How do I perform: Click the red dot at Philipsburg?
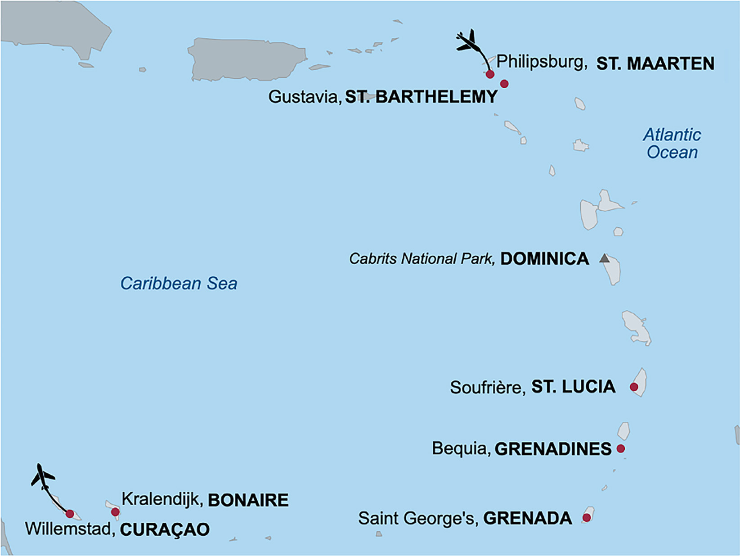point(490,74)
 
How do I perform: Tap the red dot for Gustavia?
point(504,84)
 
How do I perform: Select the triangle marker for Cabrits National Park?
point(605,258)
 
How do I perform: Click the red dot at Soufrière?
point(634,387)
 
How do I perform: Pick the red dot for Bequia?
point(621,448)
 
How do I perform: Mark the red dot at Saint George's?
point(587,518)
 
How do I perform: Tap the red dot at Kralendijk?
point(115,512)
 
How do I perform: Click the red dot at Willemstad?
point(70,514)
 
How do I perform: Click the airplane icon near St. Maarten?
point(467,42)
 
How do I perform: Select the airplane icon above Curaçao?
point(42,477)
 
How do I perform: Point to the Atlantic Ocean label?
point(672,144)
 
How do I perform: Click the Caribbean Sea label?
point(179,284)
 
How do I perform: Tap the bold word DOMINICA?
point(545,259)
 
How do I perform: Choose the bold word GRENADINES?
point(553,449)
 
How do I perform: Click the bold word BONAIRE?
point(248,500)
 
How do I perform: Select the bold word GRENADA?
point(528,518)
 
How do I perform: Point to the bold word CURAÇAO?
point(165,529)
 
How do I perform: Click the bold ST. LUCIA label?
point(574,387)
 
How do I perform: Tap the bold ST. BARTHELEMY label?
point(421,97)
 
